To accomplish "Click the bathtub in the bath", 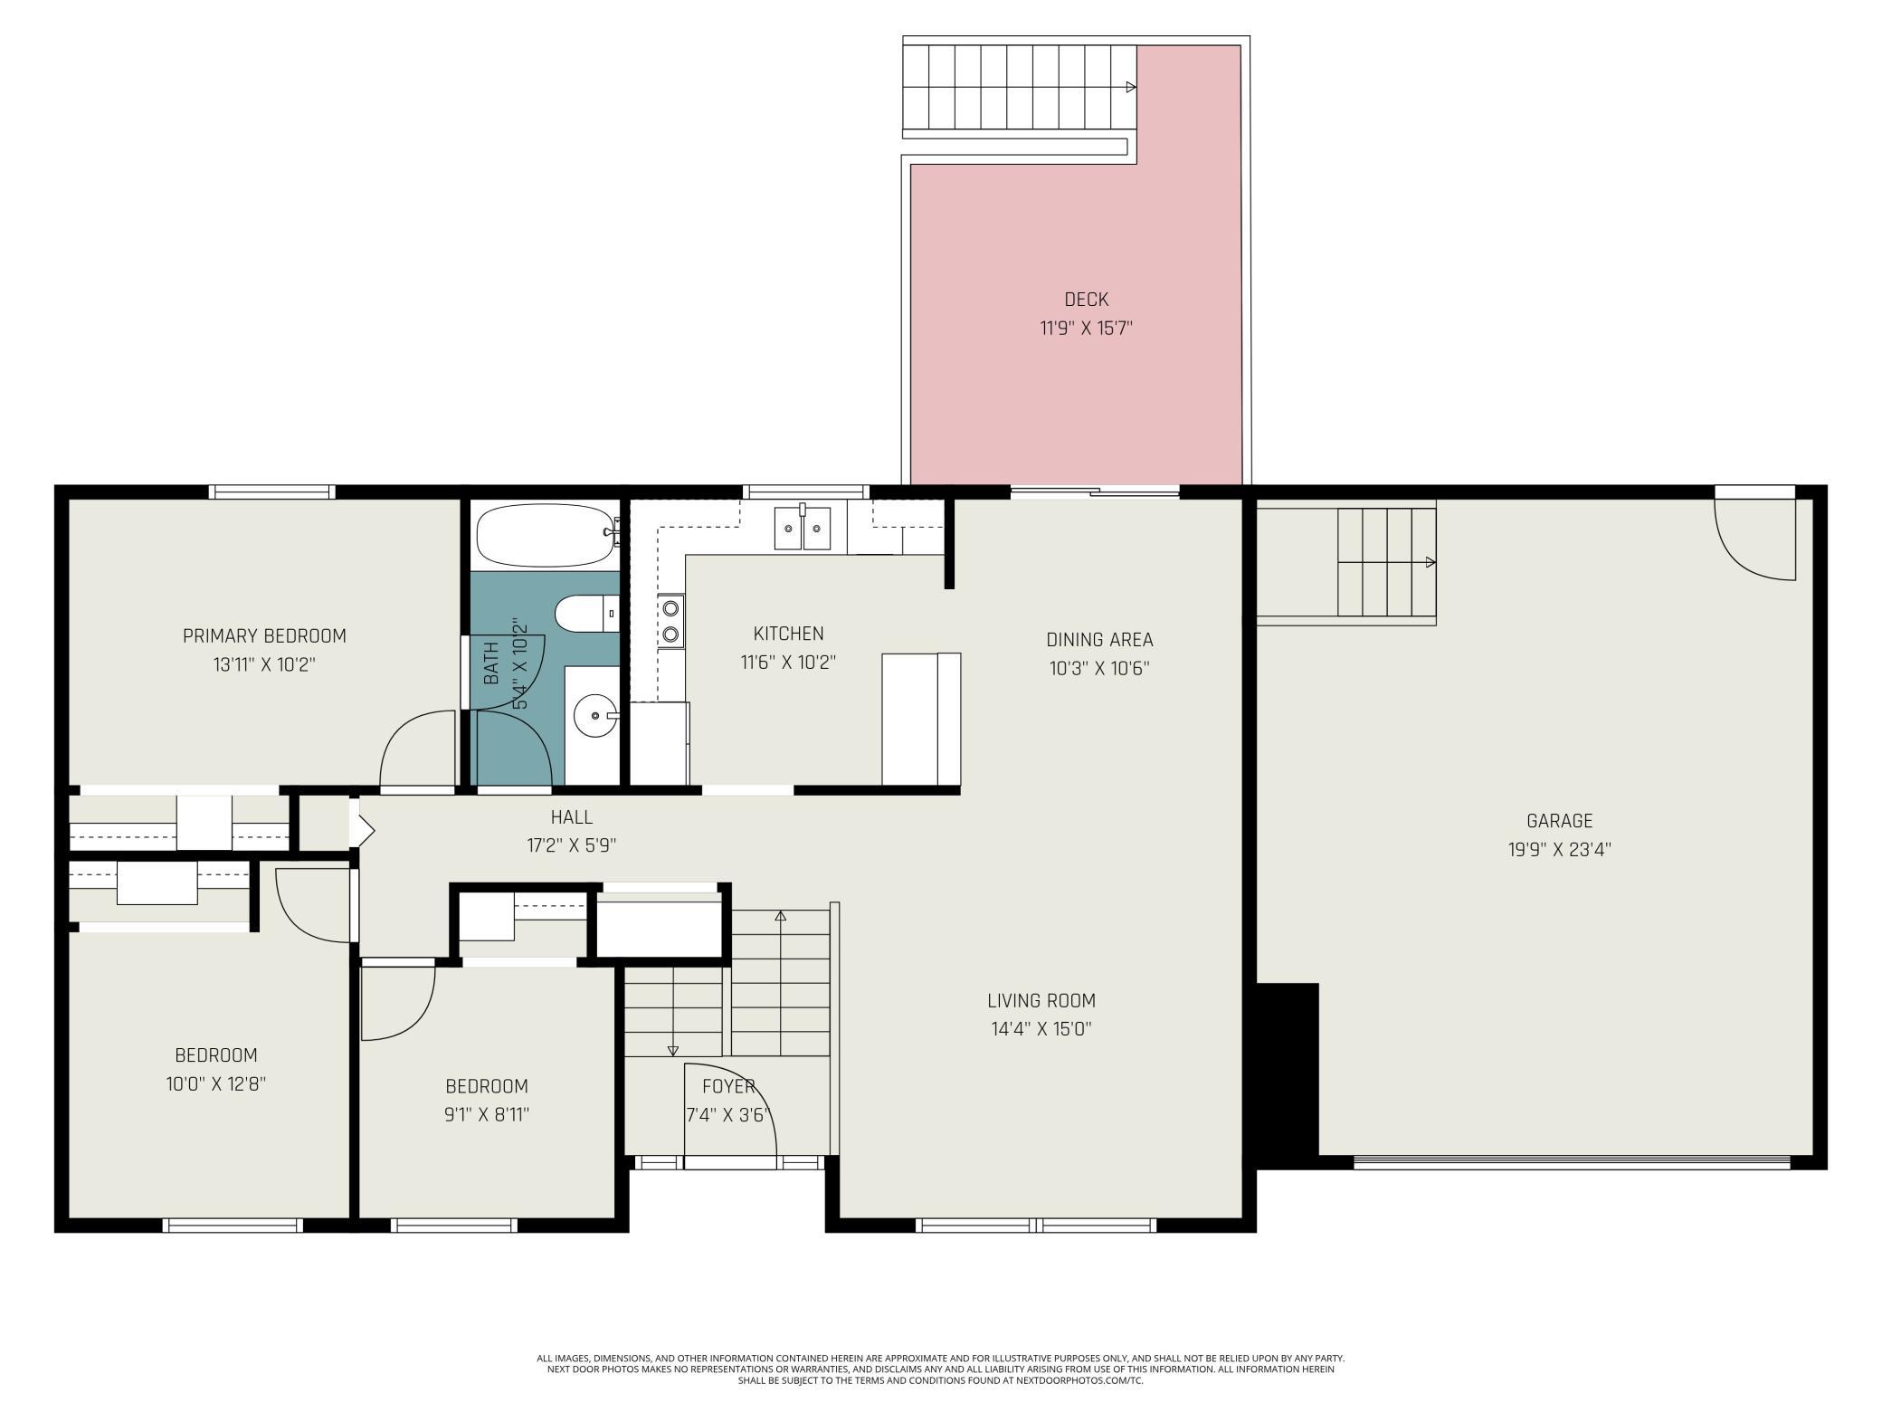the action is coord(547,534).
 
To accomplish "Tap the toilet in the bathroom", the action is coord(586,614).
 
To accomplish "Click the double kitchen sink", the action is coord(803,528).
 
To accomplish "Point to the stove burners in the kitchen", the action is coord(670,621).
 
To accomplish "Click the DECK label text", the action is coord(1086,300).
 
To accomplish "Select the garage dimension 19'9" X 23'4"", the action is coord(1559,850).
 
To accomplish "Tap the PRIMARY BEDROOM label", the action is coord(264,636).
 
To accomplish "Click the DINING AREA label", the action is coord(1099,640).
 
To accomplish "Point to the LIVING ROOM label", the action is coord(1041,1001).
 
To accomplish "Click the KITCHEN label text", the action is coord(788,634).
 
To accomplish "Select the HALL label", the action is coord(572,817).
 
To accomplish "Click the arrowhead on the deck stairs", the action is coord(1131,87).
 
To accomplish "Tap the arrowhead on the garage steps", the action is coord(1431,562).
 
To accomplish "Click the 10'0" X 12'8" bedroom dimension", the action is coord(216,1084).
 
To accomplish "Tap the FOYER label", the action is coord(728,1086).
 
